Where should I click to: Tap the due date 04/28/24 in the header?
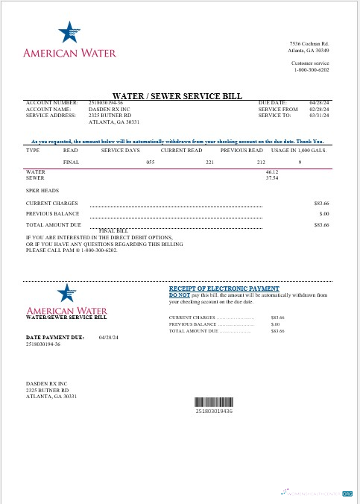tap(319, 103)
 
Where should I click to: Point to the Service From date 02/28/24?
tap(319, 110)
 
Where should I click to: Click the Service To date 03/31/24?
tap(319, 116)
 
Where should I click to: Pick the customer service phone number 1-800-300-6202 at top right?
tap(310, 69)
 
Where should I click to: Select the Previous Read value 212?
tap(261, 161)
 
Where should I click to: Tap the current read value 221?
tap(210, 161)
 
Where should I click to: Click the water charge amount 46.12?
tap(271, 172)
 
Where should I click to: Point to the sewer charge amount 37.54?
tap(271, 178)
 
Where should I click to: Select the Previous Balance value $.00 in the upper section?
tap(323, 213)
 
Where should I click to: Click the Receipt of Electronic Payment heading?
tap(224, 289)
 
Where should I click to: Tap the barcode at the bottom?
tap(214, 400)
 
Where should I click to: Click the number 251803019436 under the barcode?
tap(214, 411)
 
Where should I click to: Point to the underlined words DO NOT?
tap(180, 294)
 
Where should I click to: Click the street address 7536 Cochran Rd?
tap(309, 45)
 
